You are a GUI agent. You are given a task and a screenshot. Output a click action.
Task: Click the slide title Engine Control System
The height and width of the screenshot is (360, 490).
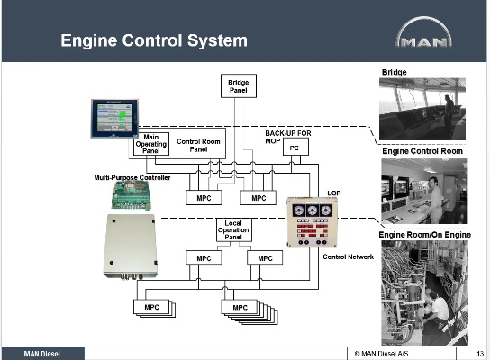coord(154,40)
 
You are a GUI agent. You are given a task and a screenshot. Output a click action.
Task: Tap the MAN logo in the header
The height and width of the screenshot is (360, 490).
coord(423,32)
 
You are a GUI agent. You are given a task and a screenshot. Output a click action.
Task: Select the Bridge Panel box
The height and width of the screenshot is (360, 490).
coord(239,85)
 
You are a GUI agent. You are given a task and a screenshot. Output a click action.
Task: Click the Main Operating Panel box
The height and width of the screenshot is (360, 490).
coord(151,144)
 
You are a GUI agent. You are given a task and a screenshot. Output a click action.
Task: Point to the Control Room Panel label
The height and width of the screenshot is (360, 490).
coord(198,146)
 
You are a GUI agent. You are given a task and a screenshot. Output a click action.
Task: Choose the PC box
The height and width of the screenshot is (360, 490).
coord(295,147)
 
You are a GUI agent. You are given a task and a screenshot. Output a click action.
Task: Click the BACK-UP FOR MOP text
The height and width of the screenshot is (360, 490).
coord(288,137)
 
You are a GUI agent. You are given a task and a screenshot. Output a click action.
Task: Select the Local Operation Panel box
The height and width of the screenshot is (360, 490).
coord(234,230)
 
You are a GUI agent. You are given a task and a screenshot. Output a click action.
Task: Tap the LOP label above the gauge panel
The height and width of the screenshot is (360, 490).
coord(334,193)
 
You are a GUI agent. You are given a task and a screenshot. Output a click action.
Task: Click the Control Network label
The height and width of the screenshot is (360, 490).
coord(348,256)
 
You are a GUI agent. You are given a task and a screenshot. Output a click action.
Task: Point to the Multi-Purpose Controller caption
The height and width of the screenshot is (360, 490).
coord(132,177)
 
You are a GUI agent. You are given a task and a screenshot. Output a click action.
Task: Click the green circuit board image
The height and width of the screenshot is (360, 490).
coord(132,196)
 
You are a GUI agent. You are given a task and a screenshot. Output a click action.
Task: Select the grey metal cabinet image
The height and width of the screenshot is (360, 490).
coord(131,247)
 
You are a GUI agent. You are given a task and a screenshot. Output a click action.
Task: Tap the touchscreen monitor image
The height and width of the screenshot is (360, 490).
coord(114,119)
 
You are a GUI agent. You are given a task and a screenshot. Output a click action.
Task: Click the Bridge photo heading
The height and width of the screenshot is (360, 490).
coord(394,72)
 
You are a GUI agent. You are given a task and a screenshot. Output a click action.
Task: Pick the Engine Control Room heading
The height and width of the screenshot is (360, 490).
coord(422,151)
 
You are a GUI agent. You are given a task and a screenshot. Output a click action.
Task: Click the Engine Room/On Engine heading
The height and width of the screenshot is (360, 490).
coord(424,235)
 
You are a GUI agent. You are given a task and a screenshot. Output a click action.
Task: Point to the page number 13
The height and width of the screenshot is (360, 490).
coord(480,354)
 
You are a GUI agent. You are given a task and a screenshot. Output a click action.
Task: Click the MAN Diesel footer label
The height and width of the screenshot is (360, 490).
coord(41,354)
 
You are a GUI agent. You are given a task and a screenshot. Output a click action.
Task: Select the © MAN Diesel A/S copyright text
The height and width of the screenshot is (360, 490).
coord(381,354)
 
